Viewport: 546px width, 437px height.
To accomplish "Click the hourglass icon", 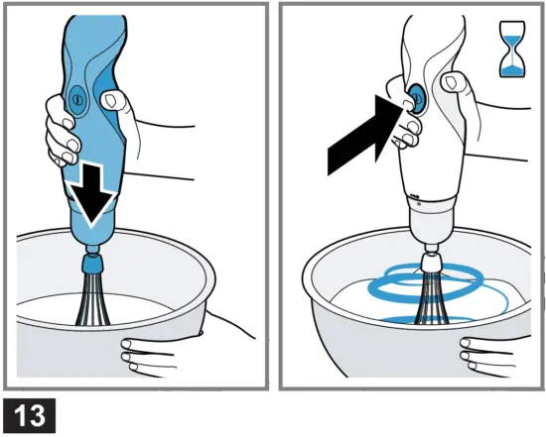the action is pos(512,49).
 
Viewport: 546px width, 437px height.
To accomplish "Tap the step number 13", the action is pos(30,415).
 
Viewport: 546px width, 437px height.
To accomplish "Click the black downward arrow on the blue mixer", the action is pos(92,194).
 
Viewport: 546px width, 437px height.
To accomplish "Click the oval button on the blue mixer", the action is pos(77,100).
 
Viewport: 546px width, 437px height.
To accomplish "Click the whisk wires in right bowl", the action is pos(431,298).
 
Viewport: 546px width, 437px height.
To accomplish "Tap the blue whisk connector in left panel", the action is pos(92,265).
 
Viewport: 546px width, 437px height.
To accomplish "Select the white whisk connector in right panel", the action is pos(432,263).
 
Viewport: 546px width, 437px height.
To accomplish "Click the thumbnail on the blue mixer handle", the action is pos(111,101).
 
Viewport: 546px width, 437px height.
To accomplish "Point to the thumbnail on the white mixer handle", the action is pos(452,82).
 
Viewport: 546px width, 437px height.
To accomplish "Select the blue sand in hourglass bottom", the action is pos(512,70).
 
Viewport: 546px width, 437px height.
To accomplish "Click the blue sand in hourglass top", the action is pos(512,40).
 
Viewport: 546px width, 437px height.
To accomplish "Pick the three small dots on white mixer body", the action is pos(414,195).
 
